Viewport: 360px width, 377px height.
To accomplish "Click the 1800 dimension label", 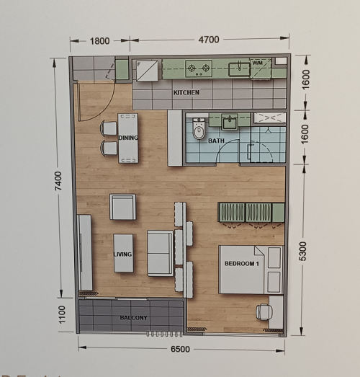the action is [99, 41].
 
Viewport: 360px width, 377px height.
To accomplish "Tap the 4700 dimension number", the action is [209, 40].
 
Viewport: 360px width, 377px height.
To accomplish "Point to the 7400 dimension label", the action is [58, 181].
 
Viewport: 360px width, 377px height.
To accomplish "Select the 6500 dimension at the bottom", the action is [180, 349].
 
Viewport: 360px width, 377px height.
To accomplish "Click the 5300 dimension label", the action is [303, 252].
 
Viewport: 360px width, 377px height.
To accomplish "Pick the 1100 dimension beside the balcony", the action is [62, 314].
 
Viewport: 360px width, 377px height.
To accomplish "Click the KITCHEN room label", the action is [186, 92].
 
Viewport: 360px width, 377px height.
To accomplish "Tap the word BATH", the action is [216, 141].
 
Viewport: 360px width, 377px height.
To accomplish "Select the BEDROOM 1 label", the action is [242, 264].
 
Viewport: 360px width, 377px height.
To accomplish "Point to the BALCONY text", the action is [133, 318].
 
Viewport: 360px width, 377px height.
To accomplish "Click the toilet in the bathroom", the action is [199, 129].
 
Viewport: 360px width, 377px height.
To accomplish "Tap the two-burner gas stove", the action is [199, 68].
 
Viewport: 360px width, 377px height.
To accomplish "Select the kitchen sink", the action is [239, 69].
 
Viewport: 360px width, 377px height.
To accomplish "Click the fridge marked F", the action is [147, 71].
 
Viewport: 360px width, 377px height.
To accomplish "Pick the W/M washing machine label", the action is [258, 63].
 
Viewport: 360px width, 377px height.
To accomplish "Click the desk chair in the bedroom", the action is [264, 312].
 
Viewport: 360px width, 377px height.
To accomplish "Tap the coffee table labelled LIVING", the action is [123, 253].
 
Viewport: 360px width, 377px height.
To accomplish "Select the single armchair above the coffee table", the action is [122, 207].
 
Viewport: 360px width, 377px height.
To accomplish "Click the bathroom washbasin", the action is [230, 121].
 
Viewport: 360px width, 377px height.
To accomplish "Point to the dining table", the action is [128, 138].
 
